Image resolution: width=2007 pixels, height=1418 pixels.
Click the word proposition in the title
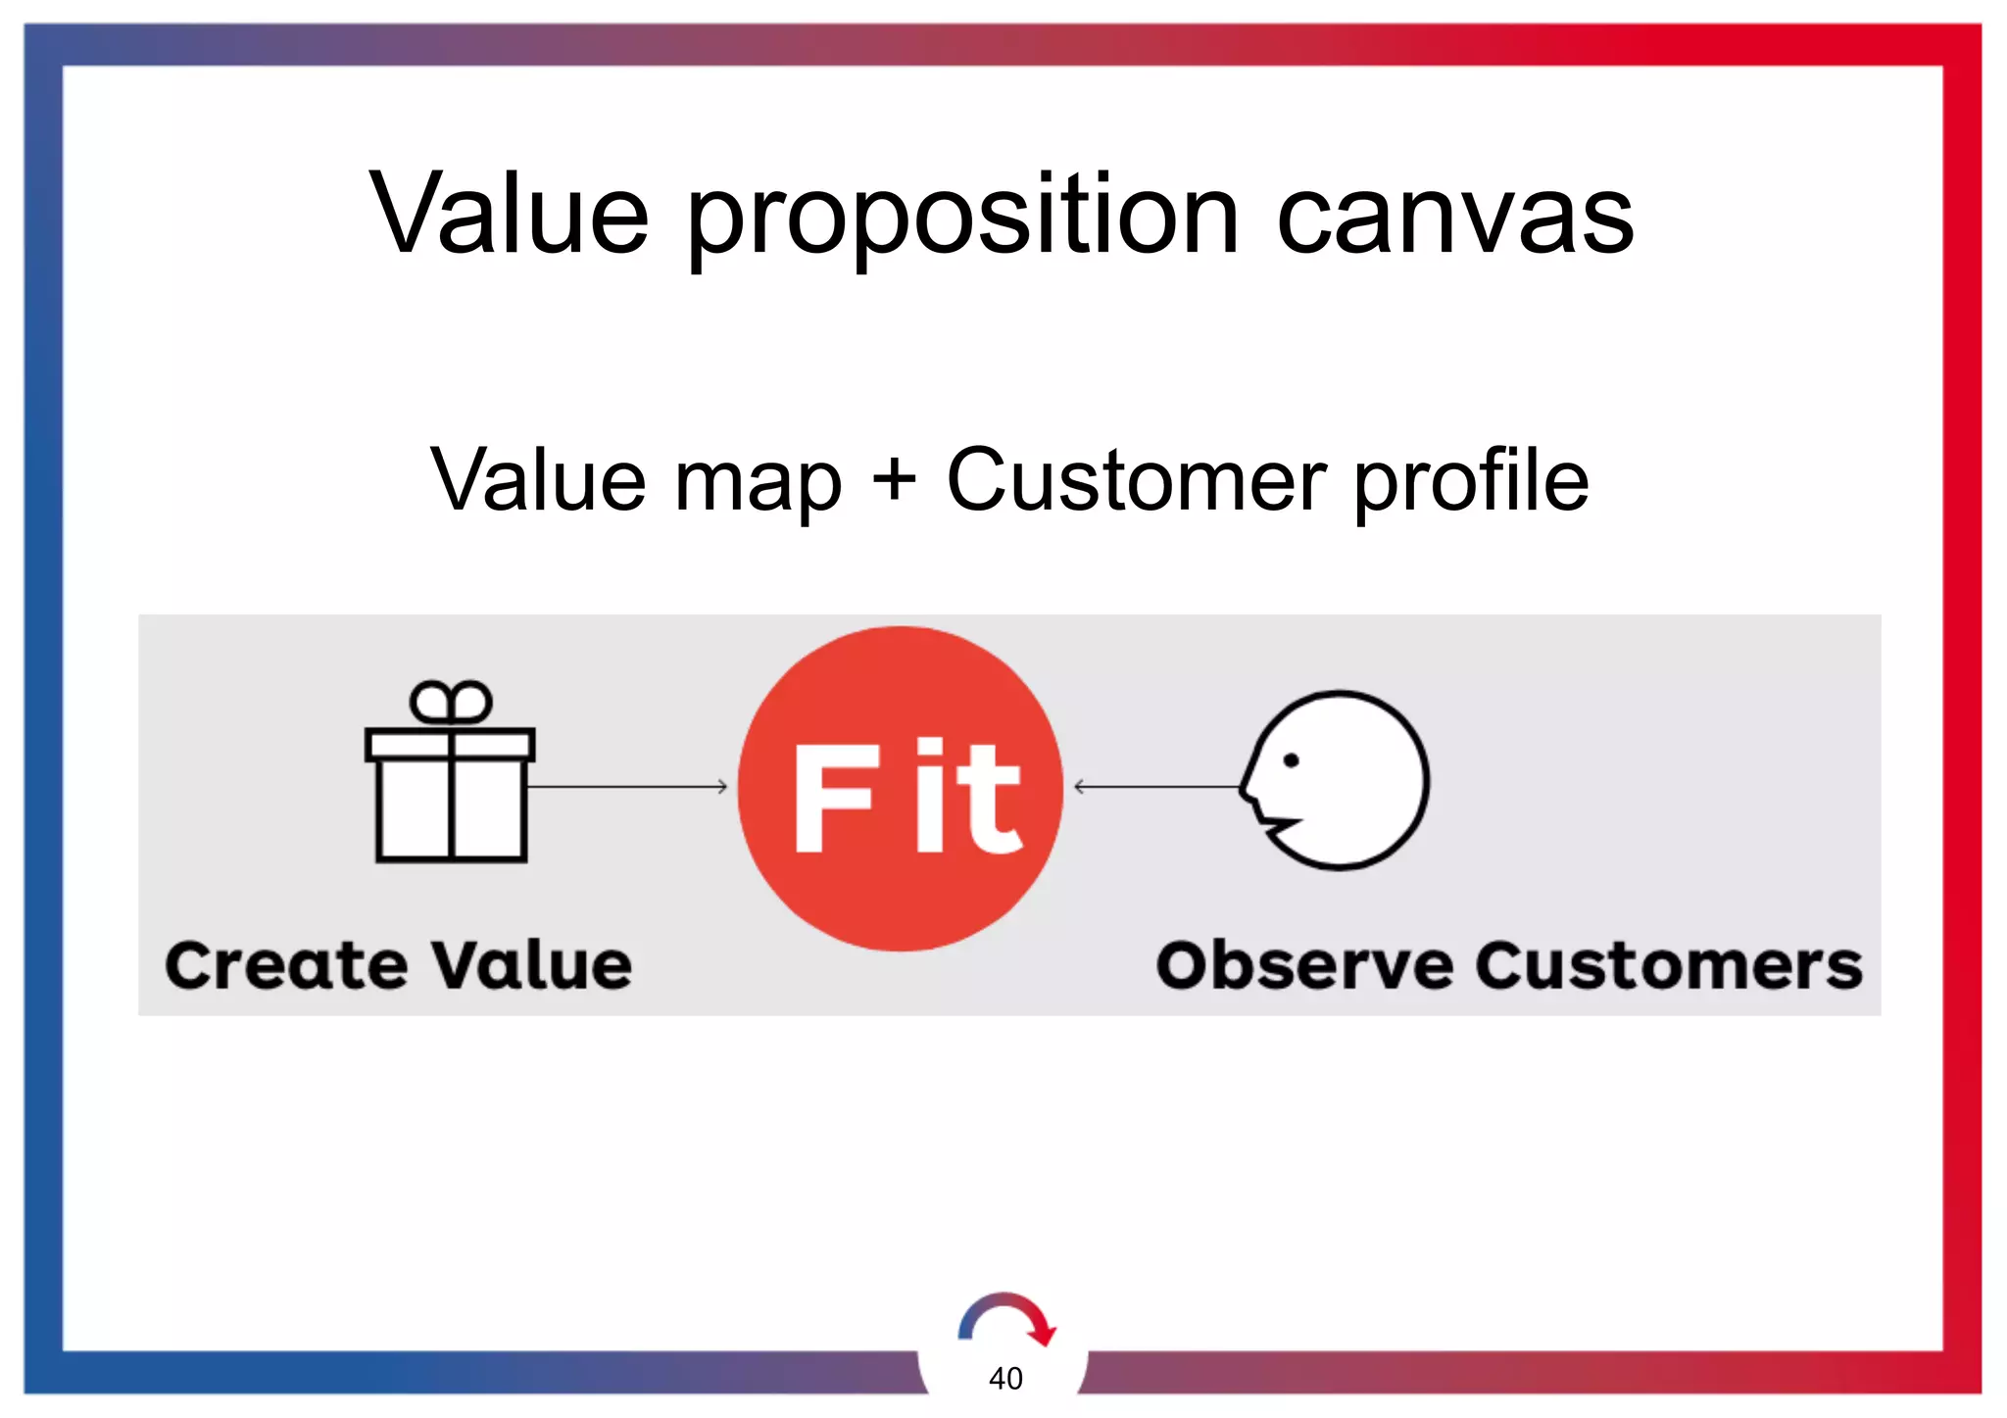[x=963, y=218]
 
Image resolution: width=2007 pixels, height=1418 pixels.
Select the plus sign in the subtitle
[x=894, y=480]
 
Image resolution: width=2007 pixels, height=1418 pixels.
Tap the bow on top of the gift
[x=451, y=702]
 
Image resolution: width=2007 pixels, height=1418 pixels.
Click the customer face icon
[x=1338, y=780]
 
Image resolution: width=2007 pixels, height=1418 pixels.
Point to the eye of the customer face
[x=1291, y=760]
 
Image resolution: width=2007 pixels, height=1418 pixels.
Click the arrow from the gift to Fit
[x=627, y=786]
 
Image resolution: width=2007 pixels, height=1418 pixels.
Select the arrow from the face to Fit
[x=1156, y=786]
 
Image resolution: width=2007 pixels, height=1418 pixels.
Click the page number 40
[x=1005, y=1378]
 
